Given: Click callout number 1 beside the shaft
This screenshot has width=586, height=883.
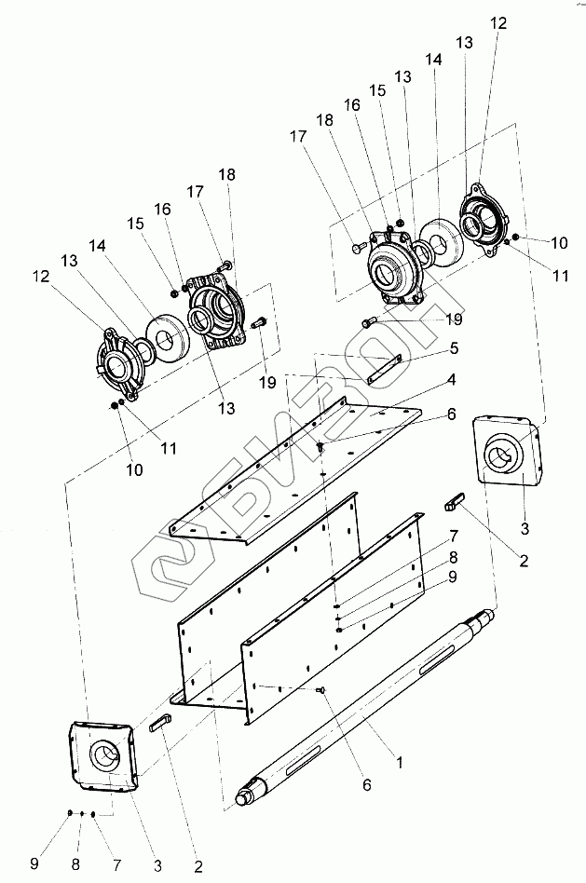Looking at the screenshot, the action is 400,763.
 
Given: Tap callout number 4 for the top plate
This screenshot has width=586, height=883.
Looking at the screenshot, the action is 451,380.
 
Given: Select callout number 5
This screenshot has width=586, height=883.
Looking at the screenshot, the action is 454,348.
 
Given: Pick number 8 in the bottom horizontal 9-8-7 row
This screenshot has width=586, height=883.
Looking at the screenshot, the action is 75,863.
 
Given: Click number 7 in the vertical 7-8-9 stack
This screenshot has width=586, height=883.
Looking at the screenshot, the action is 454,536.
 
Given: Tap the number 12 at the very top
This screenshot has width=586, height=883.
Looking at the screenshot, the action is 498,23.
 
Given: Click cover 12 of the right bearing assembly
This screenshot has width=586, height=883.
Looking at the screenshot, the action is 484,221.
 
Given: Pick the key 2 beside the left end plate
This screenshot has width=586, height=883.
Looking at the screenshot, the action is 160,722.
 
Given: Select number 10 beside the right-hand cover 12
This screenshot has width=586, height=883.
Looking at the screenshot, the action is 560,243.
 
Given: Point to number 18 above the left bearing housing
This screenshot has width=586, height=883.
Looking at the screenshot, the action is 227,175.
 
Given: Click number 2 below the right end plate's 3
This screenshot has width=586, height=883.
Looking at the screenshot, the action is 524,561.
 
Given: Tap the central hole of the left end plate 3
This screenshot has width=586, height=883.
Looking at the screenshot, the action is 105,755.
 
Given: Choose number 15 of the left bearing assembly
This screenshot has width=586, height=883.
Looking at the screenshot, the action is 136,224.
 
